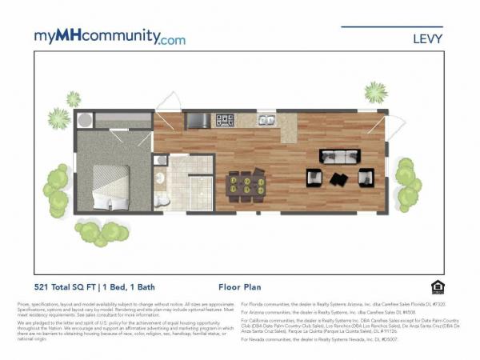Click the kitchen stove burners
pos(225,121)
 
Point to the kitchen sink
pos(265,121)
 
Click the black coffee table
pos(339,178)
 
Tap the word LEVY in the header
pos(426,38)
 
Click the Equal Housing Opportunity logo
pos(437,286)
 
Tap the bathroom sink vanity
pos(160,178)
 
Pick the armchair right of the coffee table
pos(366,177)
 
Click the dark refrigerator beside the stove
pos(197,121)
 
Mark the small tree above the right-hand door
pos(375,92)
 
